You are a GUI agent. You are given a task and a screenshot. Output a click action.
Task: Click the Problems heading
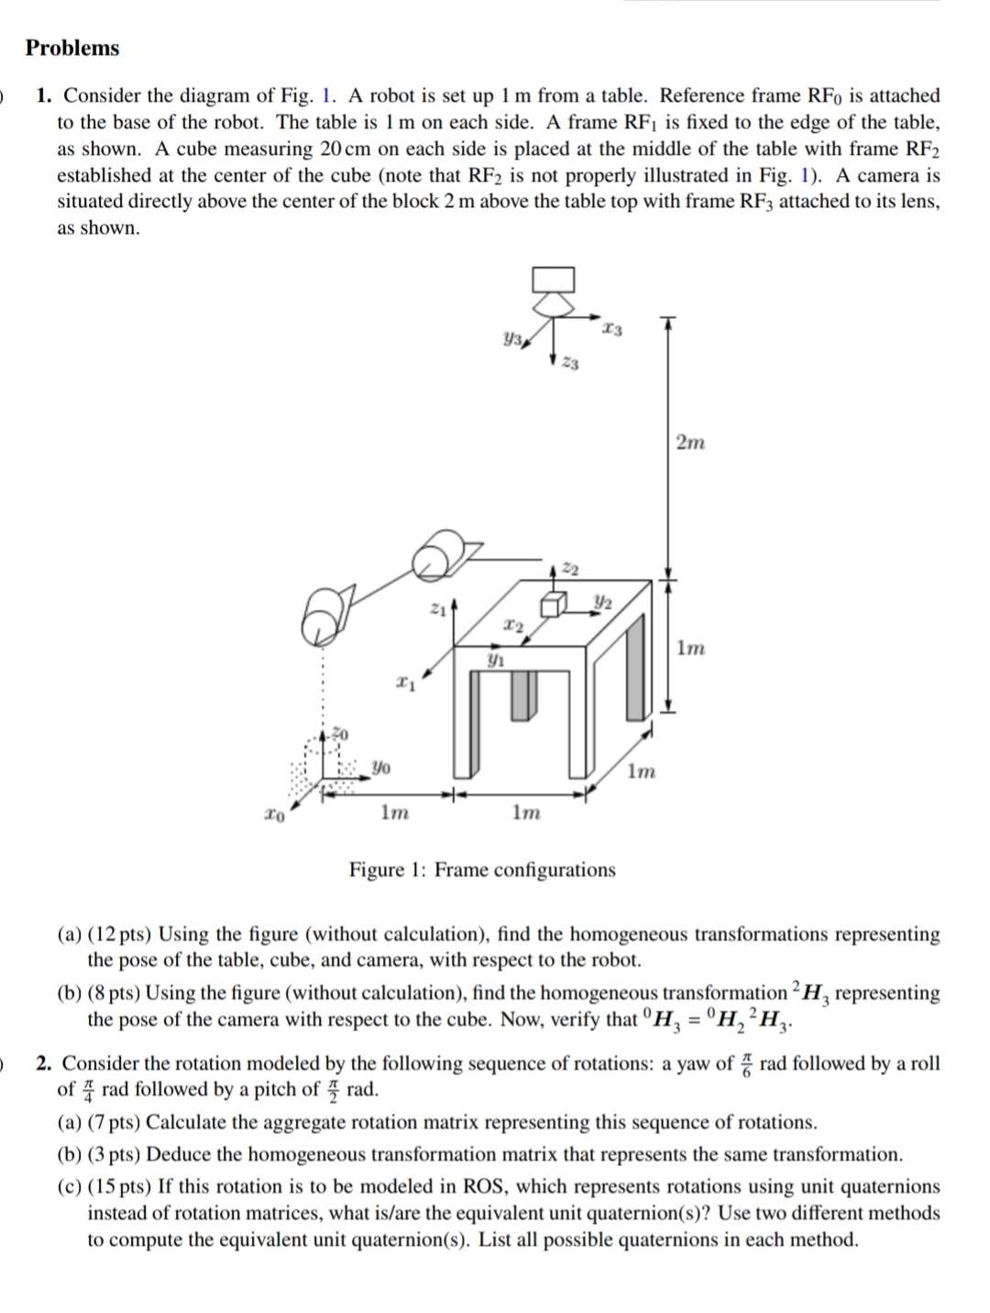[x=72, y=49]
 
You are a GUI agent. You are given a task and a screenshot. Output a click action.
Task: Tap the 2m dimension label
[x=690, y=443]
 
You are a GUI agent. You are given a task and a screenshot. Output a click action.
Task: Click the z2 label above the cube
[x=569, y=570]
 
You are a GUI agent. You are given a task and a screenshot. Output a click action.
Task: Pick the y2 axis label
[x=602, y=601]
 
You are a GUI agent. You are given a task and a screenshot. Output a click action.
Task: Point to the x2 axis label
[x=513, y=626]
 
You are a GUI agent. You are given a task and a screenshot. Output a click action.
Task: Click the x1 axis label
[x=403, y=682]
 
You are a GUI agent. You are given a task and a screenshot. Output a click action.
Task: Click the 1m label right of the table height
[x=690, y=648]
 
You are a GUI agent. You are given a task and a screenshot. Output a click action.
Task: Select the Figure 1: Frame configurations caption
[x=482, y=869]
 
